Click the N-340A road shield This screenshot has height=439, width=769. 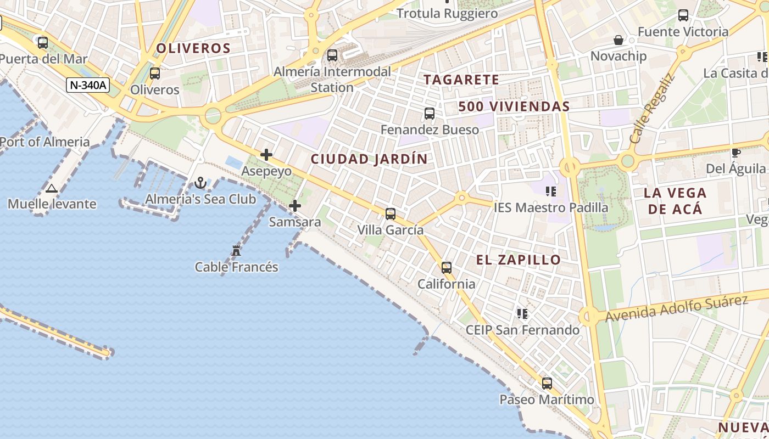point(88,85)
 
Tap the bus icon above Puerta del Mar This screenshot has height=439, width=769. point(43,42)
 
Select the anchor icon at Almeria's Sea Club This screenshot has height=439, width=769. point(201,183)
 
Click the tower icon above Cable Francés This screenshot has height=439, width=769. point(236,251)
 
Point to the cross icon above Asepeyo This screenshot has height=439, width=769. point(266,155)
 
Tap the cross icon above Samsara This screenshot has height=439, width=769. point(295,206)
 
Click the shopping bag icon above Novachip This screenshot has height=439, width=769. point(618,40)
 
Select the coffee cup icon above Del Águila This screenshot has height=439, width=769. point(736,153)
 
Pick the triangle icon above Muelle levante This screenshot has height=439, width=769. point(52,189)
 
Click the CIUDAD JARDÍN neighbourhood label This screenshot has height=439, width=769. point(369,159)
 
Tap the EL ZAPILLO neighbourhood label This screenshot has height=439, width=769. point(519,260)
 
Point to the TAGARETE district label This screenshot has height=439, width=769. point(461,80)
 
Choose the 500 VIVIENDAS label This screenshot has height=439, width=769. point(514,106)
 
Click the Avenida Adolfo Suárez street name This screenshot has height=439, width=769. point(677,308)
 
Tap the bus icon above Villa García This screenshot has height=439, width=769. point(391,213)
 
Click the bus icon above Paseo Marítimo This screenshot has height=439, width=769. point(547,383)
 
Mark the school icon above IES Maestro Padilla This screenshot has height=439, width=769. point(551,192)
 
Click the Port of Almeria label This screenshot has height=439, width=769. point(45,142)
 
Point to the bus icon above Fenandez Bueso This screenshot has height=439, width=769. point(430,114)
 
